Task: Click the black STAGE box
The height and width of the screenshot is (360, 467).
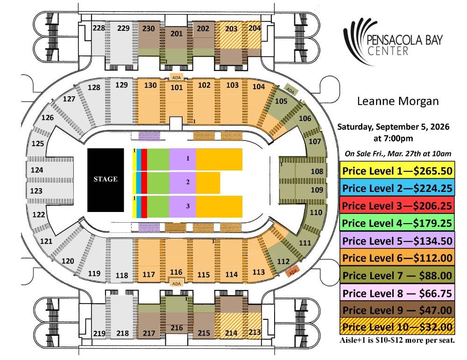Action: (x=106, y=180)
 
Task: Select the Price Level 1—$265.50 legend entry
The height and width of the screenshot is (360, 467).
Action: (x=397, y=171)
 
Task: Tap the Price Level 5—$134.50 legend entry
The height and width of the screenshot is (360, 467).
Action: (x=397, y=240)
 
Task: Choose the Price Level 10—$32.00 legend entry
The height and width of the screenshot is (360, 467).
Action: (x=397, y=327)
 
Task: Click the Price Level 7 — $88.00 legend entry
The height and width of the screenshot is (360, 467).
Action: (x=397, y=275)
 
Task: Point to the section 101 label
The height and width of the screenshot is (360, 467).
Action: (x=177, y=87)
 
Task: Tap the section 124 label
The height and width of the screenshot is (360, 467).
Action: (x=37, y=170)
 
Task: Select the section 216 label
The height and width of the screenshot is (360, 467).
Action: (x=177, y=328)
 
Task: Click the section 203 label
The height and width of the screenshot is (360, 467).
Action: (x=231, y=28)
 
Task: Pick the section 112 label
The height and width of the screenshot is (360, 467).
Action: (x=283, y=261)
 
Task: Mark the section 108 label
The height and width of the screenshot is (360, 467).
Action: (x=317, y=171)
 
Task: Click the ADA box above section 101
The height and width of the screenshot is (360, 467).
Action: (x=177, y=78)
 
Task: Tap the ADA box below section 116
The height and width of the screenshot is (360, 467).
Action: (x=177, y=283)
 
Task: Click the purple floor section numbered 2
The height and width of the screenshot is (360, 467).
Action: (x=183, y=182)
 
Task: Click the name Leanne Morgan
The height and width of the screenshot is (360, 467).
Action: (x=398, y=101)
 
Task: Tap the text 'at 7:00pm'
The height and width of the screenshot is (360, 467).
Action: (x=393, y=139)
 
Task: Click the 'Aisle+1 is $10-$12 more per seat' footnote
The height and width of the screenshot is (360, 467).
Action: (x=397, y=340)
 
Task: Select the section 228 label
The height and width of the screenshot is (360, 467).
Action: (x=99, y=28)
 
